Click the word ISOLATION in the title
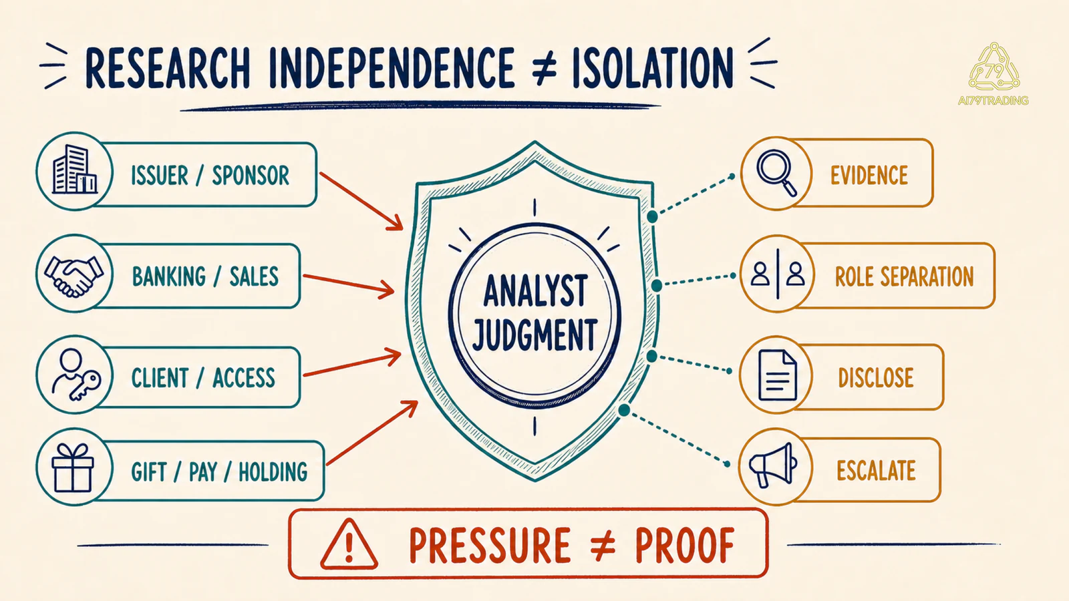coord(652,69)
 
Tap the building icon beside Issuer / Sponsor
coord(74,170)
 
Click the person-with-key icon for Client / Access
coord(75,375)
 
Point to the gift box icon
coord(73,468)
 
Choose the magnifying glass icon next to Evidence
coord(776,173)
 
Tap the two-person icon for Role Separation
coord(778,274)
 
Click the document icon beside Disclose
coord(778,375)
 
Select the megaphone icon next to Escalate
coord(772,465)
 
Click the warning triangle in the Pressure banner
coord(349,544)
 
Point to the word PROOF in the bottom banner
coord(685,545)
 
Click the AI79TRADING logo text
coord(993,101)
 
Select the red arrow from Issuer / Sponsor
coord(361,201)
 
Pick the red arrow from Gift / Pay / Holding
coord(372,433)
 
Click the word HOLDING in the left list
coord(273,472)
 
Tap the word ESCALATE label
coord(876,470)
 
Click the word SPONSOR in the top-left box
coord(251,175)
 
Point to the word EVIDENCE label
coord(869,175)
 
